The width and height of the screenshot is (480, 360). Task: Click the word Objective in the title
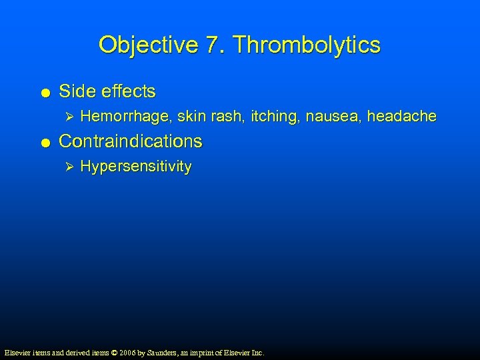point(148,45)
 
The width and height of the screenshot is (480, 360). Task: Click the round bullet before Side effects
point(44,92)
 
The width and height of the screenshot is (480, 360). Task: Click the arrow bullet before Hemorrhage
point(65,117)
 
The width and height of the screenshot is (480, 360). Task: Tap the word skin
point(192,117)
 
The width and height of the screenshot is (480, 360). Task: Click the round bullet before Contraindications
point(44,142)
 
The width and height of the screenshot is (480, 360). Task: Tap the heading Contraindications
point(131,141)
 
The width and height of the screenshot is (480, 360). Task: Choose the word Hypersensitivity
point(135,167)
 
